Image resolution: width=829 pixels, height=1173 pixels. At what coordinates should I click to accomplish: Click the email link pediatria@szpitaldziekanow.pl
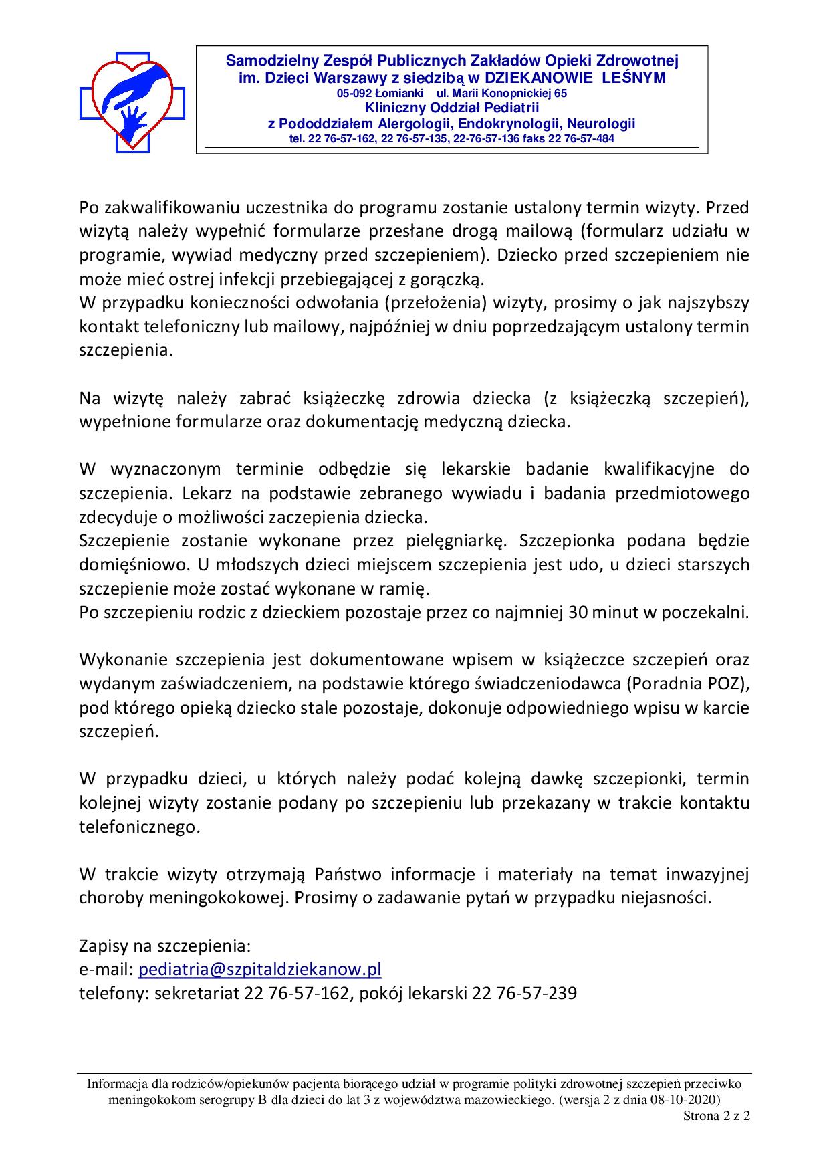[259, 970]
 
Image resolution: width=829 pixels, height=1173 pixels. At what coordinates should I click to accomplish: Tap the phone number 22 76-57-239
[524, 993]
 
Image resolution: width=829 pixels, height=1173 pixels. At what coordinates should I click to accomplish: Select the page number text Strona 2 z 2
[716, 1116]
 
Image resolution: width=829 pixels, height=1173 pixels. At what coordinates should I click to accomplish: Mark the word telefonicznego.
[139, 827]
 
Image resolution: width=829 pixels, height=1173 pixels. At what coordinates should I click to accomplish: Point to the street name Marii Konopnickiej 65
[501, 94]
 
